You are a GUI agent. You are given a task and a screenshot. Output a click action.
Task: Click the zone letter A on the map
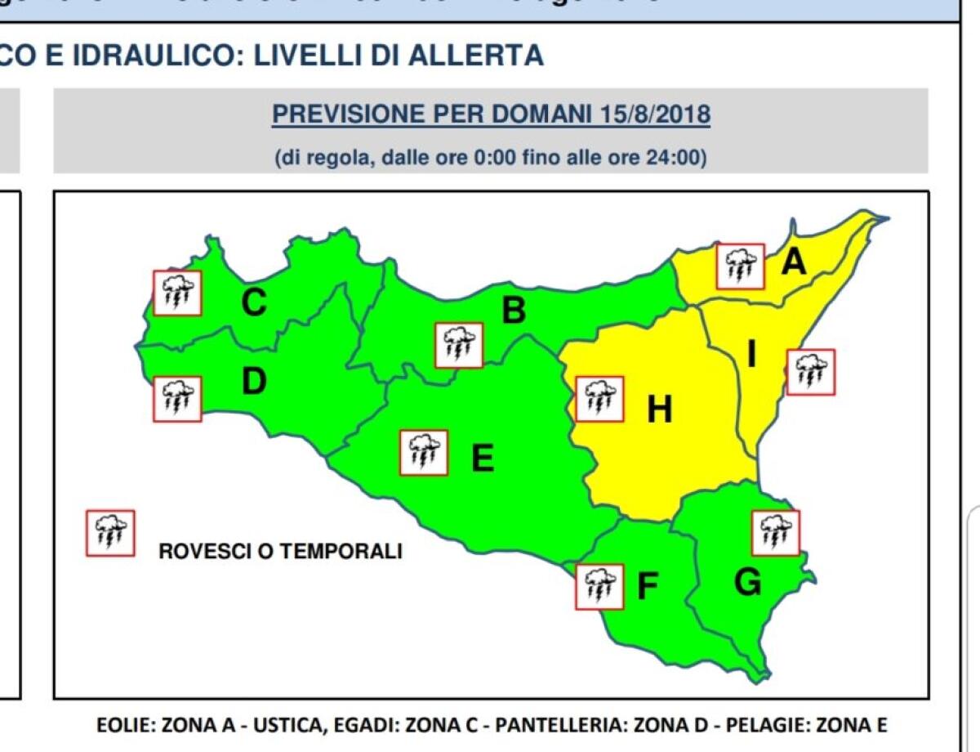[793, 262]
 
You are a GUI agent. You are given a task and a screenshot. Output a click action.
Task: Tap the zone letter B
[513, 311]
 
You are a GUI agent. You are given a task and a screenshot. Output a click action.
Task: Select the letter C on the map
[253, 303]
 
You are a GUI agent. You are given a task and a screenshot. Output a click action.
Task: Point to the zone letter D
[253, 381]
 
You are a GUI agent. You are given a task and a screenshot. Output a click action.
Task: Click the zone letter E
[483, 459]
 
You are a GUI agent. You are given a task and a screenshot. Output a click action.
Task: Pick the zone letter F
[647, 586]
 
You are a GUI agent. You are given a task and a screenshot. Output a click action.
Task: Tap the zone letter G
[747, 582]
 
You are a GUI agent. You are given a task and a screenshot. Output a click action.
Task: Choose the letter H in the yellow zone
[659, 410]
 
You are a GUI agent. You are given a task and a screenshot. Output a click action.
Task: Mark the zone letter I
[751, 355]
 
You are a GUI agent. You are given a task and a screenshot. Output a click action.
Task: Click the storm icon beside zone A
[740, 266]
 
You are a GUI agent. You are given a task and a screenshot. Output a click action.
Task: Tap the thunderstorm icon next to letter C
[177, 293]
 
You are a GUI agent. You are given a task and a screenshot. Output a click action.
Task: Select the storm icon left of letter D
[177, 399]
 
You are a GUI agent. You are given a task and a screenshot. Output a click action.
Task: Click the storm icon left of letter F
[599, 586]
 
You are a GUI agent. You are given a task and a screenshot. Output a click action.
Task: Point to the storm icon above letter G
[775, 533]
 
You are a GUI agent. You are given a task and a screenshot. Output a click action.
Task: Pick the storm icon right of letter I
[810, 372]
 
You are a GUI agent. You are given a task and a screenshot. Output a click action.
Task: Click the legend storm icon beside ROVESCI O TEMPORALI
[110, 533]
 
